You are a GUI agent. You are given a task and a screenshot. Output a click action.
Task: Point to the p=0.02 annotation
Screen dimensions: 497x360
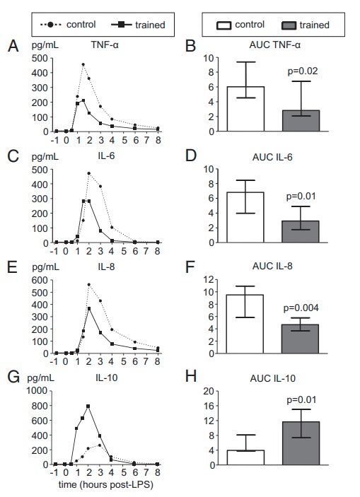tap(301, 71)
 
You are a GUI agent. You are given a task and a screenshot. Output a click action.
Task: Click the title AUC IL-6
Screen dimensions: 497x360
tap(273, 158)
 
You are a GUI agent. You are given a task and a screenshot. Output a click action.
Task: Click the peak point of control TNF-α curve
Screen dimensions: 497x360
tap(83, 65)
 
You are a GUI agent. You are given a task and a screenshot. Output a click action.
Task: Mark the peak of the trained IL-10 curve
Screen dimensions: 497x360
tap(88, 406)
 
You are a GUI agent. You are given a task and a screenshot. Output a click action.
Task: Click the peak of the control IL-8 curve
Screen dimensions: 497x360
tap(89, 285)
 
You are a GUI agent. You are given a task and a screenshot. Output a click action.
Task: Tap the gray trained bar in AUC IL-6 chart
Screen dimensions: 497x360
tap(301, 231)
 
